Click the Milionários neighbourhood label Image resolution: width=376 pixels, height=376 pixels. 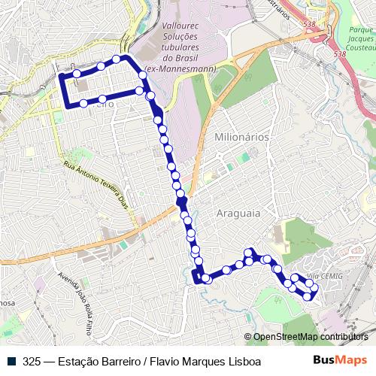click(x=241, y=138)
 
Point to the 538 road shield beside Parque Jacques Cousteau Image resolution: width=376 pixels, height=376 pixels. click(x=341, y=54)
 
